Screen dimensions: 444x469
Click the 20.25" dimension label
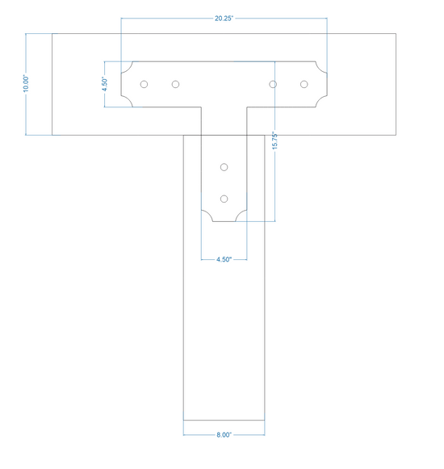click(224, 19)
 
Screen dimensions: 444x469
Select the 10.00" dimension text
click(26, 84)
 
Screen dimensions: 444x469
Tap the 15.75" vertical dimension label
click(275, 140)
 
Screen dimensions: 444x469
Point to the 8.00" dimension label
click(224, 434)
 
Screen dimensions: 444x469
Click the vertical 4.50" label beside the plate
click(105, 84)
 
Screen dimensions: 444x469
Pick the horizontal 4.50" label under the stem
click(224, 259)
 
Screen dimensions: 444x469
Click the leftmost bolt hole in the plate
click(144, 84)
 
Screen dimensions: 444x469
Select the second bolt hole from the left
click(176, 84)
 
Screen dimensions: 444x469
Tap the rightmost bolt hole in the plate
click(304, 84)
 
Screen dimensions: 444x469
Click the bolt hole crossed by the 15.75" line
click(273, 84)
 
